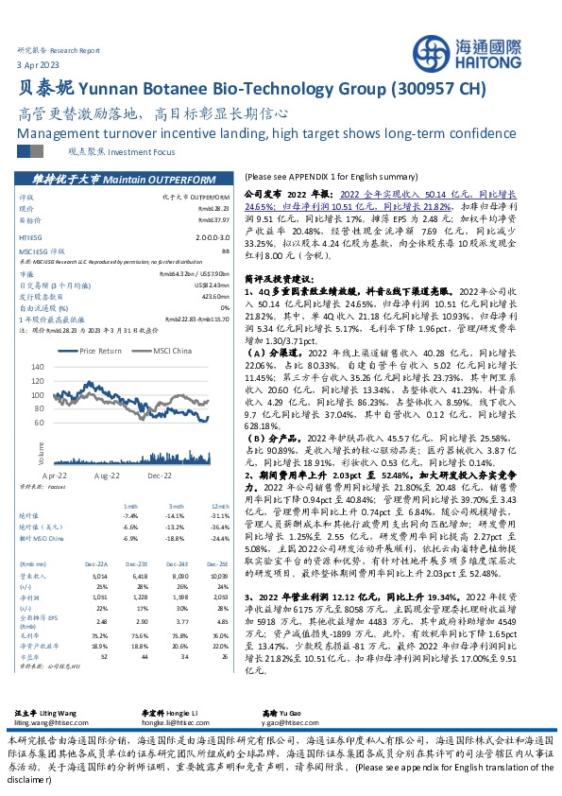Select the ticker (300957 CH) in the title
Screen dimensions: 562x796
pyautogui.click(x=435, y=90)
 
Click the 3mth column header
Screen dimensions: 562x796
pyautogui.click(x=175, y=506)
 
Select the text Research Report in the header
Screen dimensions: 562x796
pyautogui.click(x=76, y=47)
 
